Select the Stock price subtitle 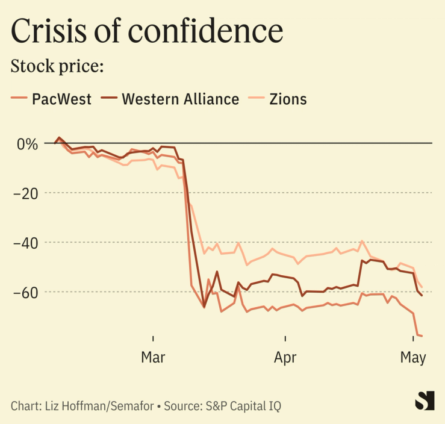(57, 66)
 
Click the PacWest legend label (61, 99)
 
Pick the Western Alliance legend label (180, 99)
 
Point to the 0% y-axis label (27, 144)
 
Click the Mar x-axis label (153, 357)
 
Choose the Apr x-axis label (285, 357)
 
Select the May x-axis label (413, 357)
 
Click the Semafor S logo (425, 401)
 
